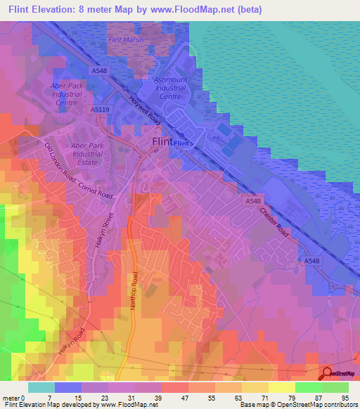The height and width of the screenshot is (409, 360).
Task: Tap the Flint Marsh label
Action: pos(125,40)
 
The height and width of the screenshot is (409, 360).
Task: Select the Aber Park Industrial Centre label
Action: pos(67,93)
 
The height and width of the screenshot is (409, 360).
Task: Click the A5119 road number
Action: pos(100,110)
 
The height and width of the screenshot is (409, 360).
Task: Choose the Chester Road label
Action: pos(274,221)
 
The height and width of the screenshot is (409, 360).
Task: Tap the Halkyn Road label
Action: pos(73,342)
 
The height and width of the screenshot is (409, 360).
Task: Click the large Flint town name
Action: pos(162,141)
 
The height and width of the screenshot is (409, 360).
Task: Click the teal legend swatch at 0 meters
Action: pos(41,387)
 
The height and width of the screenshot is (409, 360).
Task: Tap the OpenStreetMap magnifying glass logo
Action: pos(328,374)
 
